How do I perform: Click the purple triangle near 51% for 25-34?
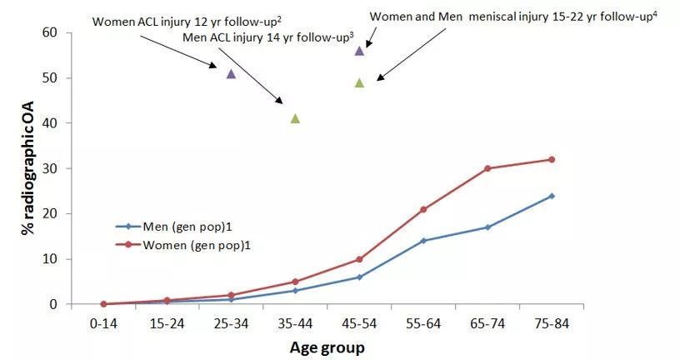tap(231, 74)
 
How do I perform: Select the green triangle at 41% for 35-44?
tap(295, 118)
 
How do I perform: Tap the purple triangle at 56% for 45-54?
tap(359, 51)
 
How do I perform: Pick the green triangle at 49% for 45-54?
tap(359, 82)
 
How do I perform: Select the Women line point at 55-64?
tap(423, 209)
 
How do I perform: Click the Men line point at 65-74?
tap(487, 227)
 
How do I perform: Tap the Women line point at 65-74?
tap(487, 168)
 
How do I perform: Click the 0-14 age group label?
tap(102, 323)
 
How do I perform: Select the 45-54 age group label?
tap(359, 323)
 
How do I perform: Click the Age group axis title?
tap(327, 347)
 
